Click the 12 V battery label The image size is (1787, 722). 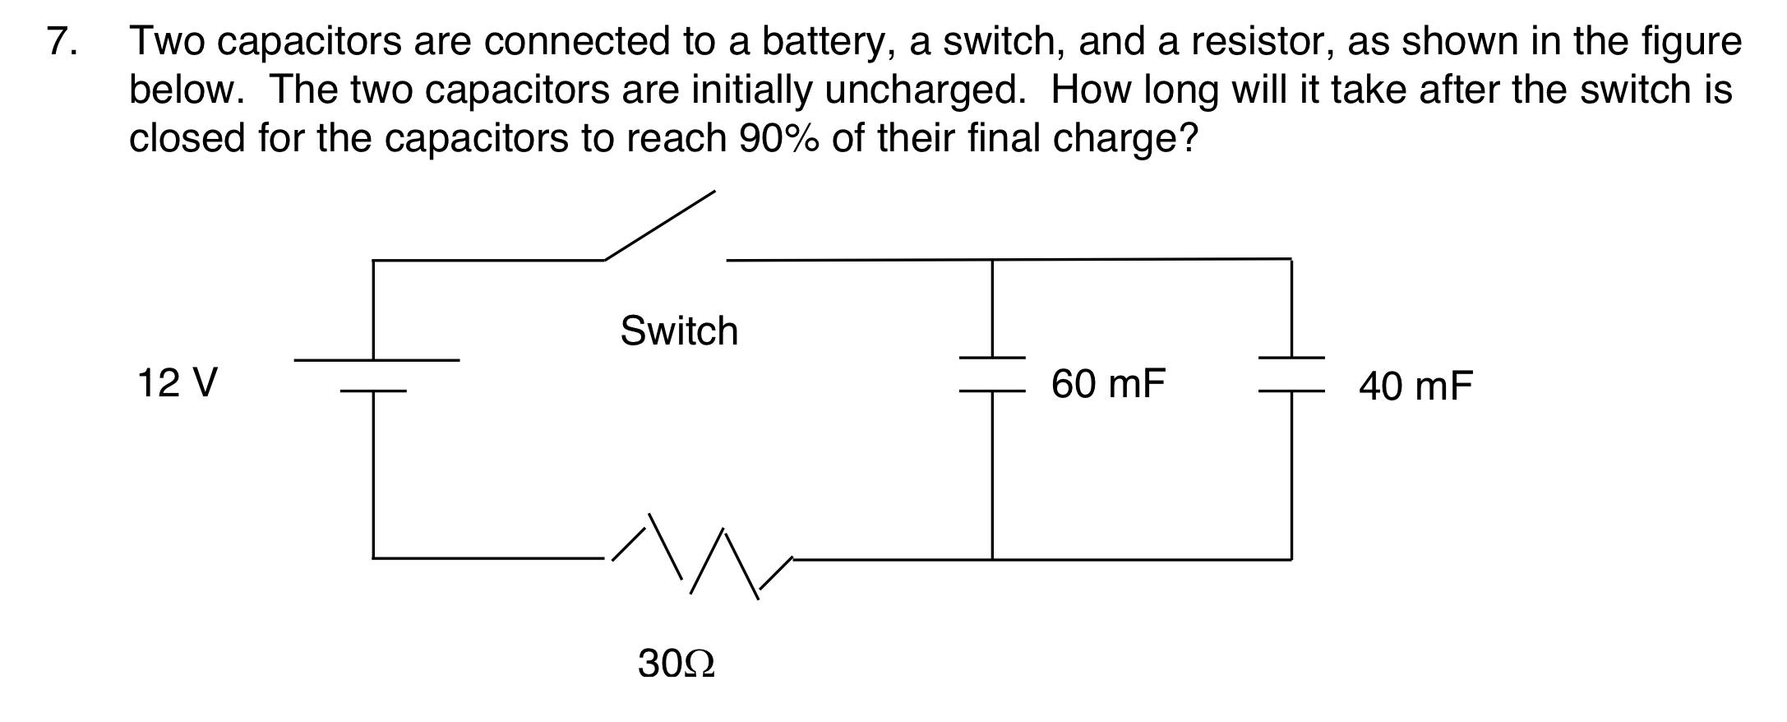(x=178, y=383)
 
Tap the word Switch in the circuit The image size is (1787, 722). (x=679, y=331)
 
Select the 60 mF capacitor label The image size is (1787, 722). (x=1108, y=384)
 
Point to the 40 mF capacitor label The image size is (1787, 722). (x=1415, y=386)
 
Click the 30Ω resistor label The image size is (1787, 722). (x=676, y=664)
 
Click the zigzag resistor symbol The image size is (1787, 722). (x=701, y=557)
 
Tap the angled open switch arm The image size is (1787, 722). (x=659, y=225)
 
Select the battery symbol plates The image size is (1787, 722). (x=375, y=375)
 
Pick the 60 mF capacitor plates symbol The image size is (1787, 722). (x=992, y=374)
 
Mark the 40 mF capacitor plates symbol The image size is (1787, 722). (x=1291, y=374)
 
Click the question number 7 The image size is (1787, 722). (x=62, y=41)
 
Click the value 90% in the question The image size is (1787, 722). (x=778, y=138)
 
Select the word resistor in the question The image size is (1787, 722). (x=1267, y=41)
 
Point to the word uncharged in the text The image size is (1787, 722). (x=925, y=90)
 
